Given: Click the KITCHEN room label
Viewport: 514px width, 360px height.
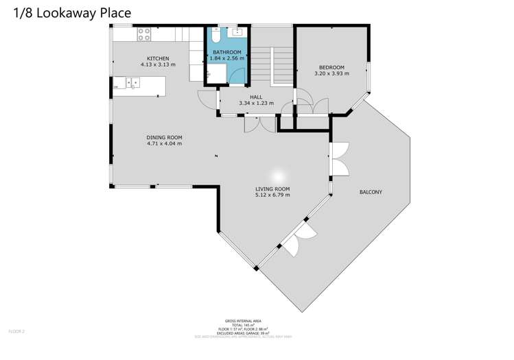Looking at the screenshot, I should (158, 58).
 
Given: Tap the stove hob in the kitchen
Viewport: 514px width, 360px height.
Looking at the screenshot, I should (144, 32).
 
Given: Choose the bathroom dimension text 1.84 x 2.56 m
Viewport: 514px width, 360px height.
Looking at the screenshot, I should (226, 59).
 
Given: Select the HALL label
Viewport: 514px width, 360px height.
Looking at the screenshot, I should (256, 97).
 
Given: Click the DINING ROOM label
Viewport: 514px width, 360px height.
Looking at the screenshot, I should (164, 137).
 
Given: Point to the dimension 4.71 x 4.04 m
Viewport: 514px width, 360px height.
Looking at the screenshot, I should (164, 144).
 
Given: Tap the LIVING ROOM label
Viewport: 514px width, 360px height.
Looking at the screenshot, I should (272, 189).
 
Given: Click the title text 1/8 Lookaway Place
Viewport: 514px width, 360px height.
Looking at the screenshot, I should (67, 13).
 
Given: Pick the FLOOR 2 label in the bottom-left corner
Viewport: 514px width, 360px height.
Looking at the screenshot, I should (16, 331).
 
